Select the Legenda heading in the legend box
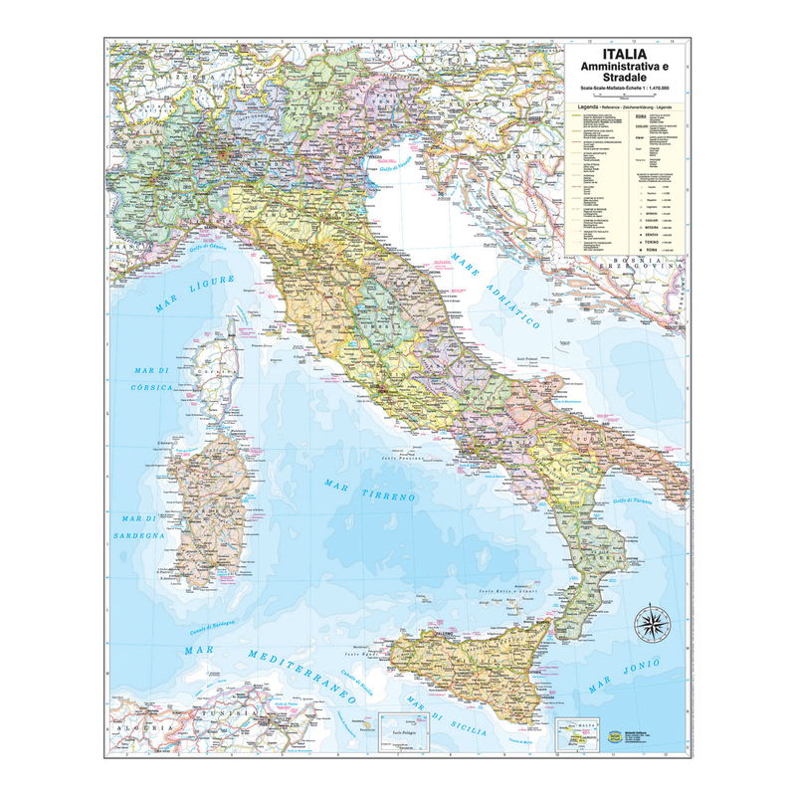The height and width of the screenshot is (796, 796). [582, 104]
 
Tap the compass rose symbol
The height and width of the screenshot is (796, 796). [653, 623]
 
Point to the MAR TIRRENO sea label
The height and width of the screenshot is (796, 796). [369, 489]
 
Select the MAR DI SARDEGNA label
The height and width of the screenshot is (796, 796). [142, 526]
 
